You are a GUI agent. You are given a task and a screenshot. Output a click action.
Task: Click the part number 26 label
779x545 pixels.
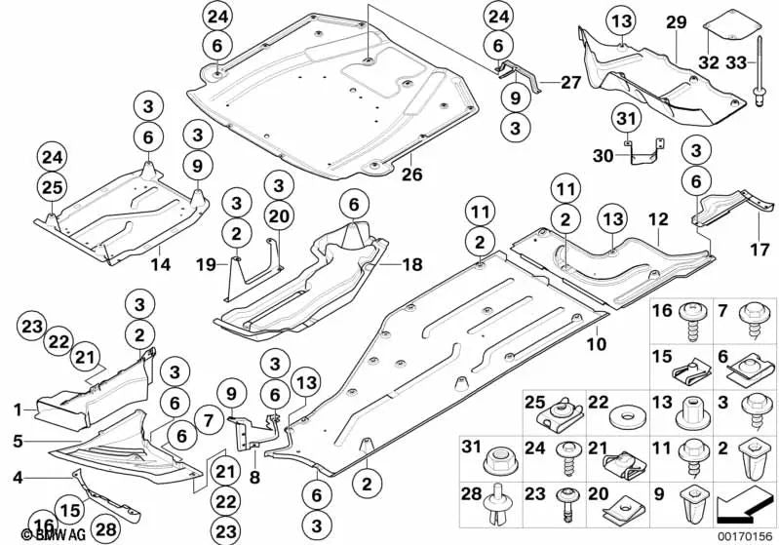[x=410, y=176]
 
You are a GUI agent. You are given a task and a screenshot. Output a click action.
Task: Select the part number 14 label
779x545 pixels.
[x=154, y=260]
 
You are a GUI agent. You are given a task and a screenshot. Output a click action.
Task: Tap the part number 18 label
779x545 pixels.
[x=389, y=263]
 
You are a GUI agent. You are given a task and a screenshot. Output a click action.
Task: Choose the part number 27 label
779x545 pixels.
[x=570, y=84]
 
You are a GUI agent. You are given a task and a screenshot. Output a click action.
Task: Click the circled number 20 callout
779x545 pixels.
[x=278, y=215]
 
